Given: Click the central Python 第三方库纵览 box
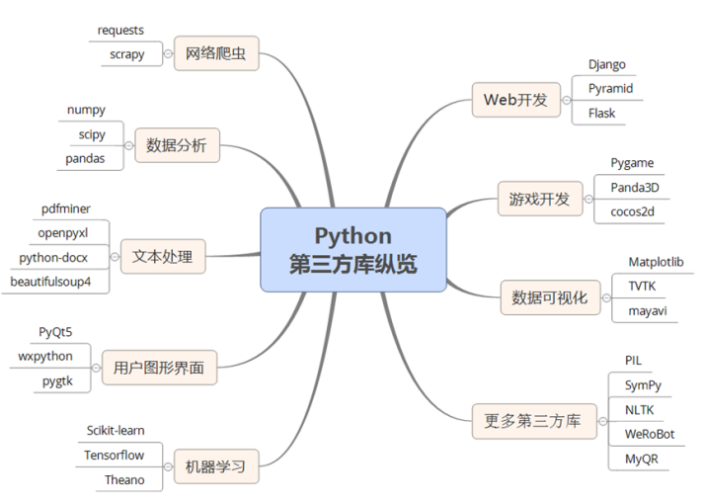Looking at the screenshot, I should click(x=352, y=250).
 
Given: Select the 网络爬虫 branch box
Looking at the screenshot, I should click(x=215, y=53).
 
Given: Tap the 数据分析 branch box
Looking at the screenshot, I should click(x=177, y=146).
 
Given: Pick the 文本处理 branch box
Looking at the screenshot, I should click(x=163, y=258).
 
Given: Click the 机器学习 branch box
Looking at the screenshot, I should click(x=215, y=465).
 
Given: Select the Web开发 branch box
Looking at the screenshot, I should click(x=516, y=99).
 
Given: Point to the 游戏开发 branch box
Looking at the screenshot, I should click(x=533, y=199).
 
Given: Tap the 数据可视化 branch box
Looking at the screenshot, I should click(x=549, y=297).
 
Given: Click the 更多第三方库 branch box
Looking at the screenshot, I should click(x=534, y=422).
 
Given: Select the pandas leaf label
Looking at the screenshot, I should click(x=86, y=158).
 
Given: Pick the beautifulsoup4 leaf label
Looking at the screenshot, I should click(x=58, y=283).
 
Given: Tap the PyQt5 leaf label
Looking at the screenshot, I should click(x=55, y=331).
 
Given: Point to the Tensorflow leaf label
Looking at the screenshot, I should click(x=115, y=456).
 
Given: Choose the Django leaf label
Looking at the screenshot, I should click(x=607, y=64).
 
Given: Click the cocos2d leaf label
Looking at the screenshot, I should click(x=632, y=211).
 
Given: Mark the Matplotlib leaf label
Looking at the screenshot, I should click(x=657, y=262).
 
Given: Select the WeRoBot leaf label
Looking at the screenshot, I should click(x=650, y=434).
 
